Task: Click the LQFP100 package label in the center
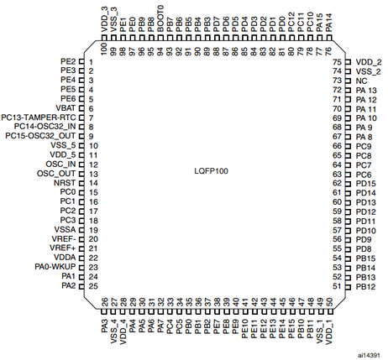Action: coord(211,171)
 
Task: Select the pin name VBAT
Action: coord(66,108)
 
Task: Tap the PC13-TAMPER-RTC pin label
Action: coord(39,117)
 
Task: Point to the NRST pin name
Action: coord(65,183)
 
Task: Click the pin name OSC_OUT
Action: coord(56,174)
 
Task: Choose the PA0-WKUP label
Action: coord(55,267)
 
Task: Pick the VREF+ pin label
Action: coord(63,248)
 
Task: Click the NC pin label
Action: coord(361,81)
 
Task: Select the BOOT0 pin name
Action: coord(160,19)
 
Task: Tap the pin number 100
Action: coord(104,49)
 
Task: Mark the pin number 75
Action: coord(338,62)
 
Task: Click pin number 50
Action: coord(330,302)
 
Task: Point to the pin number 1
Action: coord(91,62)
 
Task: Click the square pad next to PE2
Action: coord(81,61)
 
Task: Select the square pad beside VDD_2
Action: coord(348,62)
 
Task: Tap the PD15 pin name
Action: coord(366,184)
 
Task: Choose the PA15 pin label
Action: coord(320,23)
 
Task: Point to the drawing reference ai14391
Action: coord(369,355)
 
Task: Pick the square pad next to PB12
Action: coord(348,287)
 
